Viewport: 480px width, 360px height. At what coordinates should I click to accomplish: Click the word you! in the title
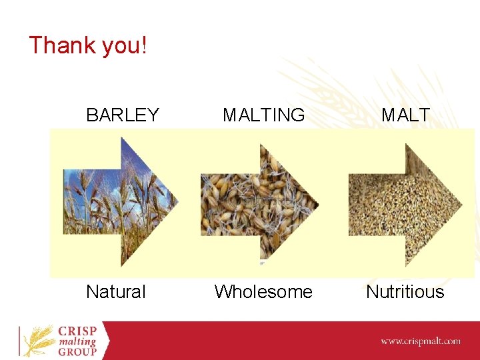tap(125, 46)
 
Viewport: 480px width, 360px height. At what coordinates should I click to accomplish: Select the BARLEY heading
tap(123, 115)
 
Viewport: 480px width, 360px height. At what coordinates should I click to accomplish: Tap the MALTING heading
tap(264, 115)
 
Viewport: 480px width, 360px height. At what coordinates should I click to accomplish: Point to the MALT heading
tap(405, 115)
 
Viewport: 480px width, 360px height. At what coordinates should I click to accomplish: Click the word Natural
tap(115, 291)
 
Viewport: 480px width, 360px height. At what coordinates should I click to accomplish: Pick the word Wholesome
tap(263, 291)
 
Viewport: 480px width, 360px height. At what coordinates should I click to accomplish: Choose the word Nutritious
tap(405, 291)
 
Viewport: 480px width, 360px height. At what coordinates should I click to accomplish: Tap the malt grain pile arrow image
tap(404, 204)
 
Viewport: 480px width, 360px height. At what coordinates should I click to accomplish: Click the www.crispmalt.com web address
tap(420, 341)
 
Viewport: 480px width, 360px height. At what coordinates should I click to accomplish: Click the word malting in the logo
tap(77, 342)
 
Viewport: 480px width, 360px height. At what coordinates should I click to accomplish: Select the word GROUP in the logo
tap(77, 352)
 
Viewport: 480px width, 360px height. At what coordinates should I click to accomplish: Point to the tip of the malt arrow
tap(461, 204)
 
